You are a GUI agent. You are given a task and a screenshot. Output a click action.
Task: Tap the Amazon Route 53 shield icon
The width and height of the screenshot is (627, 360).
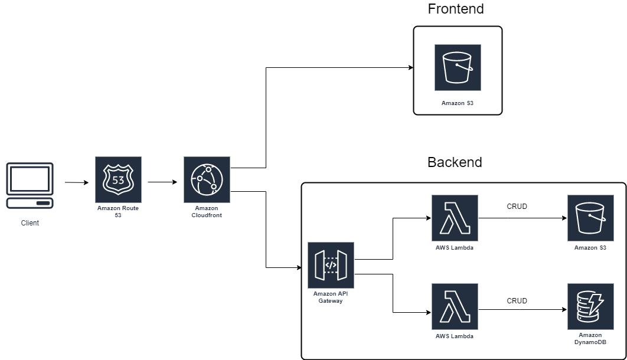pos(118,179)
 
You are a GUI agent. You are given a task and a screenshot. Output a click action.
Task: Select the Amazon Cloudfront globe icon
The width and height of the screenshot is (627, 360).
pos(207,179)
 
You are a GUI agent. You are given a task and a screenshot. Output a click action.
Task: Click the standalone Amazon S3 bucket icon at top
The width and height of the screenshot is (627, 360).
pos(458,67)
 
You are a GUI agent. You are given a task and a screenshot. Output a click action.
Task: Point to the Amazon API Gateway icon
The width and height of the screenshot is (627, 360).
pos(331,264)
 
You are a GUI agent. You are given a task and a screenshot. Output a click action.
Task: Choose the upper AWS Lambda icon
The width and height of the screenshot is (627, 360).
pos(455,218)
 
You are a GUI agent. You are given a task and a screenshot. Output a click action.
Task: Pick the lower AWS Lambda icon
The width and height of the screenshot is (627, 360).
pos(455,306)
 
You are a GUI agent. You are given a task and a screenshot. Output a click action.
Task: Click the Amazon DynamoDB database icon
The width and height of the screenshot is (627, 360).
pos(590,306)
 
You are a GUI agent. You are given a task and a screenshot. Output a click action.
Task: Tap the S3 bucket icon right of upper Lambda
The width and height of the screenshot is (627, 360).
pos(590,218)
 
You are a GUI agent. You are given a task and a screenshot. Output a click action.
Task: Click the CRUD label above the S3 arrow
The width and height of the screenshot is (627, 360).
pos(517,207)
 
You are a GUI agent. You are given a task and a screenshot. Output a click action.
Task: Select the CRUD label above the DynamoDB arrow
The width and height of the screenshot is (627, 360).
pos(517,301)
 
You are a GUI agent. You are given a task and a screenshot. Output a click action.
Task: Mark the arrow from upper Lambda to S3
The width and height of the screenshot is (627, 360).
pos(522,218)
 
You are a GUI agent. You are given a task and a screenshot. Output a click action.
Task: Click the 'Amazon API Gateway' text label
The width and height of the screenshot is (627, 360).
pos(331,297)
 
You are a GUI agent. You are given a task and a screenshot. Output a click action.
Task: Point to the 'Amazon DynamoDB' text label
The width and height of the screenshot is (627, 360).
pos(590,339)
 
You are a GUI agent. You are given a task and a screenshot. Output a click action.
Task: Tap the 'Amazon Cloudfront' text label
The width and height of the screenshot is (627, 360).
pos(207,212)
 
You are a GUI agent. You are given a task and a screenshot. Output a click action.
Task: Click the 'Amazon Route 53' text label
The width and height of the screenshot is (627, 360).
pos(118,212)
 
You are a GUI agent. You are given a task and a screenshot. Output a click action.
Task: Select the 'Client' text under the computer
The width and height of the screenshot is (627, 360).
pos(30,223)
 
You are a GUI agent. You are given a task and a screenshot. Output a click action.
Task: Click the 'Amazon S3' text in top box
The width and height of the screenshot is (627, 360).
pos(458,103)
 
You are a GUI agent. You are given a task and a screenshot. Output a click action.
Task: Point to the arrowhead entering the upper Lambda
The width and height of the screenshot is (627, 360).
pos(427,218)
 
